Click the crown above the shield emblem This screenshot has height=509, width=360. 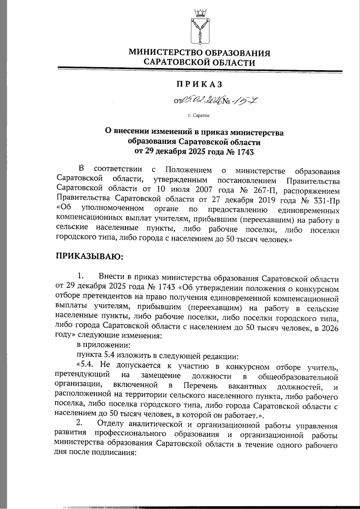199,13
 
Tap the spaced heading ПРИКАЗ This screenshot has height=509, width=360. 199,84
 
